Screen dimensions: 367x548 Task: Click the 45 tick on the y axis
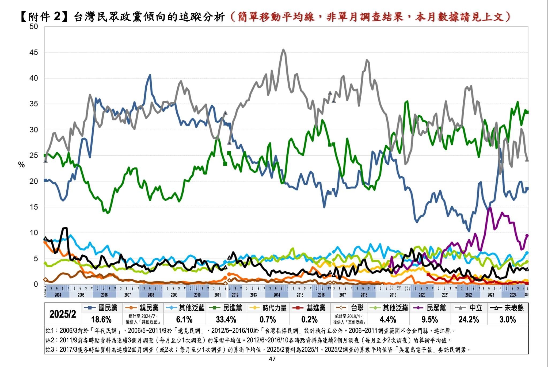(x=34, y=52)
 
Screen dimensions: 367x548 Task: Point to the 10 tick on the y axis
(x=34, y=233)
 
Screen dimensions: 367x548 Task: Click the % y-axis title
(x=21, y=165)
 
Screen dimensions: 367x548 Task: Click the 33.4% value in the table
(x=226, y=319)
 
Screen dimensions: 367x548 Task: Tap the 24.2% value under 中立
(x=469, y=319)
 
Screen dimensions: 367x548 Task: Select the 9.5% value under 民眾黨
(x=429, y=319)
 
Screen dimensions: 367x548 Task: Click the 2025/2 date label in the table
(x=63, y=314)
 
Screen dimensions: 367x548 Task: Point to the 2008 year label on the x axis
(x=151, y=295)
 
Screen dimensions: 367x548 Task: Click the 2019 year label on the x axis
(x=393, y=295)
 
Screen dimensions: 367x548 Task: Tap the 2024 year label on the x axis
(x=513, y=295)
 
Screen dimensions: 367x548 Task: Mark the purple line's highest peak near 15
(x=490, y=208)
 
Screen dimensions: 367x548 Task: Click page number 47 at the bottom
(x=272, y=359)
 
